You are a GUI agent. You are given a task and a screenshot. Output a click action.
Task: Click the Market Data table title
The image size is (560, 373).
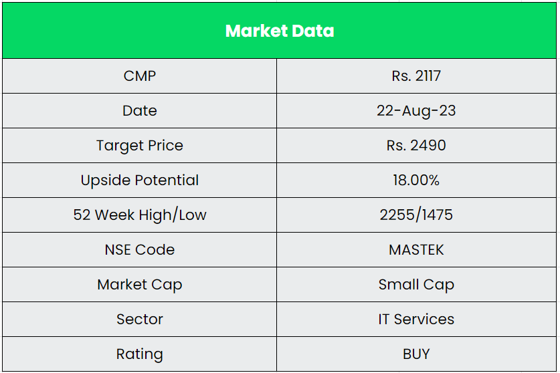[280, 31]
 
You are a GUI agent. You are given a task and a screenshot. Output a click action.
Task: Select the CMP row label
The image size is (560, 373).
[140, 76]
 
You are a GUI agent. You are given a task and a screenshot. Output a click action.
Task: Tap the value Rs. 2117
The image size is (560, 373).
[416, 76]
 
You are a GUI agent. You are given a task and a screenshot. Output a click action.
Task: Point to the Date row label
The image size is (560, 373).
[140, 110]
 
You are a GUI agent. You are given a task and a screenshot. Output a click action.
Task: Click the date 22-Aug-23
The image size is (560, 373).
[416, 110]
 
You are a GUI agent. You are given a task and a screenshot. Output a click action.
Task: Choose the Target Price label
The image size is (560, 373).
[140, 145]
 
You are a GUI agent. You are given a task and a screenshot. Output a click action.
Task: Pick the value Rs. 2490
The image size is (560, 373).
[416, 145]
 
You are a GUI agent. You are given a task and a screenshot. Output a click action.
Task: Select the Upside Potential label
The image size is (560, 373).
[140, 180]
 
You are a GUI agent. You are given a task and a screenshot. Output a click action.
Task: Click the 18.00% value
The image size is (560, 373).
[416, 180]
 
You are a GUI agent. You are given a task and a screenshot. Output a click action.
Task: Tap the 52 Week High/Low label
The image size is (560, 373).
[140, 215]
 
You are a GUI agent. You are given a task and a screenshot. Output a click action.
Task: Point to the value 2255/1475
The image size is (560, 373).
[416, 215]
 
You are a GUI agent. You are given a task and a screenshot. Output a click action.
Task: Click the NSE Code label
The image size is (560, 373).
[140, 249]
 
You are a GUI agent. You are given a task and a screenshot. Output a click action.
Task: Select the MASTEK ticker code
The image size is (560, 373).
[416, 249]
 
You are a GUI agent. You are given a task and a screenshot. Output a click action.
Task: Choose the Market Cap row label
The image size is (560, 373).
[140, 284]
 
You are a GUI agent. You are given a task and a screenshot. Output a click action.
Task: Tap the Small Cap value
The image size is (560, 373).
[416, 284]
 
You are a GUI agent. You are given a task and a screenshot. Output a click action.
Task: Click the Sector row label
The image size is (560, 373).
[140, 319]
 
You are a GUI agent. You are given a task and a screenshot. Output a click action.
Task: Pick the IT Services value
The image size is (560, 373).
[416, 319]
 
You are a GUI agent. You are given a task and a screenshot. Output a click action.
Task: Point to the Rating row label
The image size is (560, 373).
[140, 354]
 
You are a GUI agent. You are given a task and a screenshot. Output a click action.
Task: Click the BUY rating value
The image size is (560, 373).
[416, 354]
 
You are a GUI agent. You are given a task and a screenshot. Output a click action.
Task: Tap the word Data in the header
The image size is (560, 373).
[312, 31]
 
